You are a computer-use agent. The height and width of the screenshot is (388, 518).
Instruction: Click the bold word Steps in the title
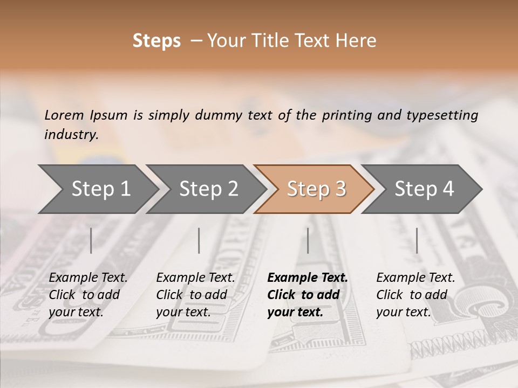pos(156,41)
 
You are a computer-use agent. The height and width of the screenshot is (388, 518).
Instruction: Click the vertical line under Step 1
pos(91,240)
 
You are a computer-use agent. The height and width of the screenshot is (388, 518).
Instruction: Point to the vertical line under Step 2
pos(199,240)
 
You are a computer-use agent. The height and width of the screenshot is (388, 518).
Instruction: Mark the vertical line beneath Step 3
pos(308,240)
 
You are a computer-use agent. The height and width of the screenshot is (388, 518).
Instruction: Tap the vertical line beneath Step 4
pos(417,240)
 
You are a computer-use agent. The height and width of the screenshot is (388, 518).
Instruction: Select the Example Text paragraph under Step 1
pos(88,295)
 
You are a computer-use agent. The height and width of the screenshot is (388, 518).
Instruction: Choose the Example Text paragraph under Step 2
pos(195,295)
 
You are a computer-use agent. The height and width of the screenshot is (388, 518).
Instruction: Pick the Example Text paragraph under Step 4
pos(415,295)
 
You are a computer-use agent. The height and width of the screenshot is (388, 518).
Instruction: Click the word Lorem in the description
pos(64,115)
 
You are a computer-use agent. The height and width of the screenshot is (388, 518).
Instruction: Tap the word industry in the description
pos(71,134)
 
